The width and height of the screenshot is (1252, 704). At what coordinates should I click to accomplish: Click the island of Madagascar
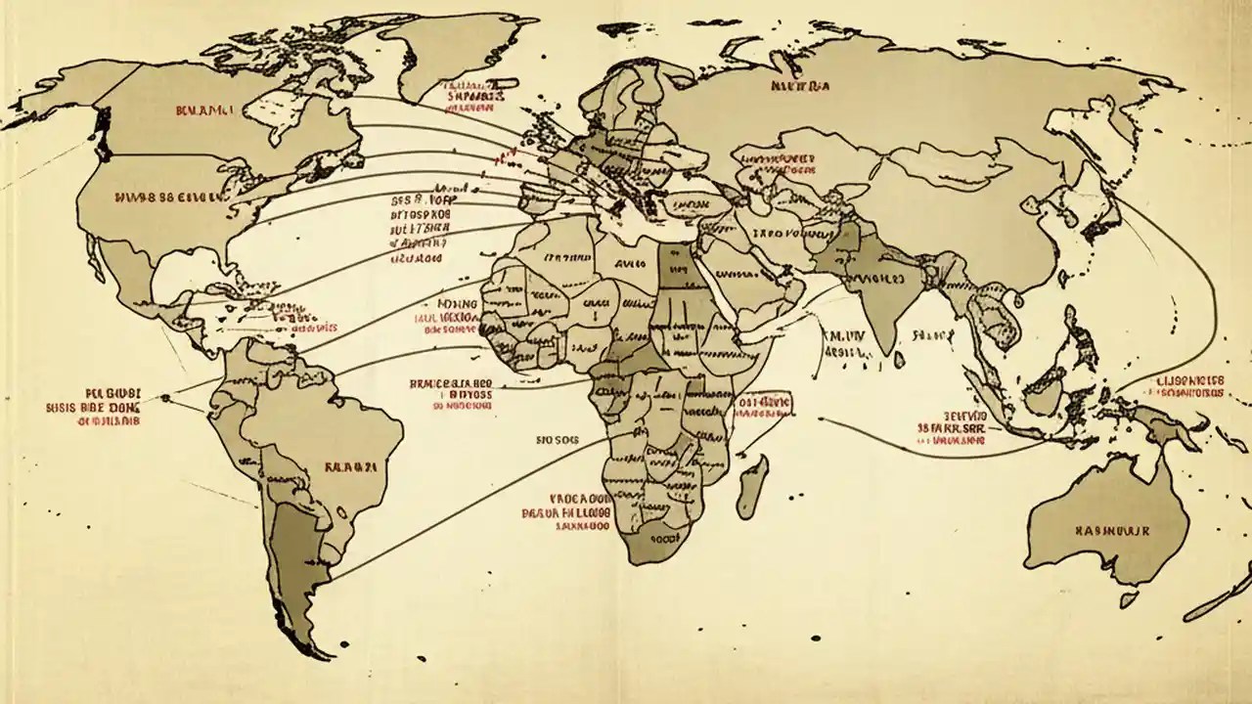(x=751, y=486)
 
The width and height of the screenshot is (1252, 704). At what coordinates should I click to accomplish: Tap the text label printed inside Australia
(x=1112, y=530)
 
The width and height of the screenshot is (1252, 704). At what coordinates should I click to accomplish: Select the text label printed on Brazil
(x=349, y=467)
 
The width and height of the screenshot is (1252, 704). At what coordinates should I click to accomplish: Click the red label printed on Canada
(x=203, y=112)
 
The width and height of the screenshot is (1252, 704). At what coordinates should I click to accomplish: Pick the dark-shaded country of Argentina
(x=293, y=557)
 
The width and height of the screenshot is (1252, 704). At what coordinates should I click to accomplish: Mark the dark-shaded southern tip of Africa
(x=650, y=543)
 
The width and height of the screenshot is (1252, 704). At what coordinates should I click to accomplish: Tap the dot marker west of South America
(x=165, y=397)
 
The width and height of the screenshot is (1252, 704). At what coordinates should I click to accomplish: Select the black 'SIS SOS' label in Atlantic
(x=558, y=440)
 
